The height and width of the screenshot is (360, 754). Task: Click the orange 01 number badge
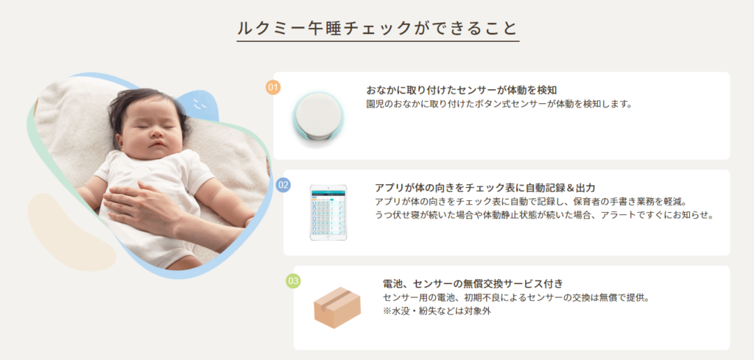coord(273,88)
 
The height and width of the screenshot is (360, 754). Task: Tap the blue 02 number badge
coord(283,185)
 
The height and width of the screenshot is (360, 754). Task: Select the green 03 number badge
coord(293,280)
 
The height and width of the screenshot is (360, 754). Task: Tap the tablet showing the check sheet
coord(328,213)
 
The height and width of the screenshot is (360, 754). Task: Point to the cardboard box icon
coord(337,307)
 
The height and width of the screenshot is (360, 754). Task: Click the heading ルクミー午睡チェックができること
coord(378,29)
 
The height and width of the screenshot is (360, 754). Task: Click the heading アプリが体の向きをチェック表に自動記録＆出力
coord(485,188)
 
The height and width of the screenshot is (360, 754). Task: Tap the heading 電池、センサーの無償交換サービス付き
coord(473,283)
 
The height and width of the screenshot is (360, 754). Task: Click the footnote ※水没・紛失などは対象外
coord(437,311)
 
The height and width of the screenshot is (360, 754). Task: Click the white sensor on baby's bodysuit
coord(139,174)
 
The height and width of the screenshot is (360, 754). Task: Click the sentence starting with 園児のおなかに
coord(498,104)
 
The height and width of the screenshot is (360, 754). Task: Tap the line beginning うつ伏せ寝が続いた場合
coord(544,214)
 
